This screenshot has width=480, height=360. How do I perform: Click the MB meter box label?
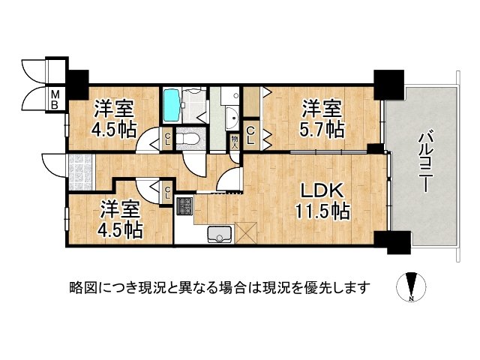coord(55,100)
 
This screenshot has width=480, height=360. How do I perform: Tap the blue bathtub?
coord(172,106)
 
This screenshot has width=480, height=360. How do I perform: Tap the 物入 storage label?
coord(235,139)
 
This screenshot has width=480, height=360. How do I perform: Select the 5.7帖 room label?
coord(323,117)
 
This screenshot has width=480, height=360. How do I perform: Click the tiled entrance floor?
coord(79,169)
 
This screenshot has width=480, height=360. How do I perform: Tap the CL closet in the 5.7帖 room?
coord(251,135)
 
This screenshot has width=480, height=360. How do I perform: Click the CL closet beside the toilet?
coord(167,137)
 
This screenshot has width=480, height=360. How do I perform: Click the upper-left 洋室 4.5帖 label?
coord(114,118)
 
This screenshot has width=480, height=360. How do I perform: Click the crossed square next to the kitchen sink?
coord(245,233)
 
